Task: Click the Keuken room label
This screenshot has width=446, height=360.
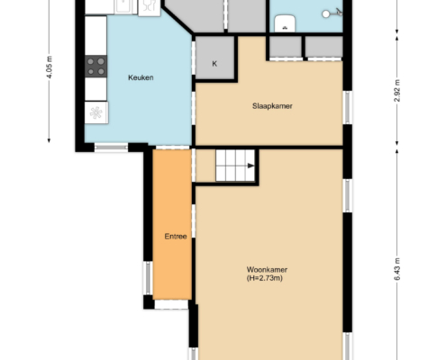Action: point(141,77)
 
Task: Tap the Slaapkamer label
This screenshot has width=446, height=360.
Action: point(272,106)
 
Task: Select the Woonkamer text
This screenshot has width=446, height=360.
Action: point(267,269)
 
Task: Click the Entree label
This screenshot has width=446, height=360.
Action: point(176,237)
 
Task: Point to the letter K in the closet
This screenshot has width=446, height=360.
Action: point(214,64)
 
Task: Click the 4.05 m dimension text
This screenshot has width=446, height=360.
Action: point(50,67)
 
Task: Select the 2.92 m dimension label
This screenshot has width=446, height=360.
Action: point(397,91)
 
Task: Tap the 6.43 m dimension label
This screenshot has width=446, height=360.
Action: point(397,269)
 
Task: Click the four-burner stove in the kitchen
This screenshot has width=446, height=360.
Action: point(96,67)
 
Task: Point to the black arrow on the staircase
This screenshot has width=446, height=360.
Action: point(250,166)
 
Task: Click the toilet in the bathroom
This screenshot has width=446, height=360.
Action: point(285,22)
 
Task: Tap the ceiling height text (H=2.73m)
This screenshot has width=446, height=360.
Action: point(265,278)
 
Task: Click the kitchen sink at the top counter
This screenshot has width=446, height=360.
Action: point(123,6)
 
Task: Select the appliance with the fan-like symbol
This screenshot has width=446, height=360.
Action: point(96,112)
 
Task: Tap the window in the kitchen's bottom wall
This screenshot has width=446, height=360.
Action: point(111,147)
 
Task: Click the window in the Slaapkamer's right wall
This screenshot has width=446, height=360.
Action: point(348,107)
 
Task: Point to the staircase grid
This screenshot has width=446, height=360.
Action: point(235,166)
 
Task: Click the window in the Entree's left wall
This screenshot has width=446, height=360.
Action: point(148,278)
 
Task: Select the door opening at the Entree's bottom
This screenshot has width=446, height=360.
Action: point(171,304)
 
